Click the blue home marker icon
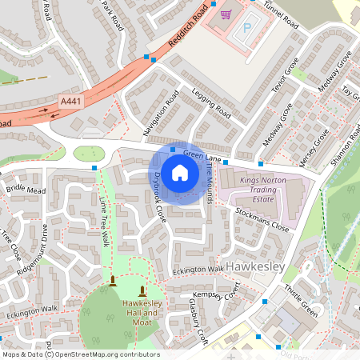(180, 172)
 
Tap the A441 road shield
(70, 101)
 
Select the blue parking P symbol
(247, 26)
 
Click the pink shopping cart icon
(226, 13)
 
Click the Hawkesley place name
(256, 264)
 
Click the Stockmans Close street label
(262, 219)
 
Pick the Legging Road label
(210, 105)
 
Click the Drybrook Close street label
(158, 197)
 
